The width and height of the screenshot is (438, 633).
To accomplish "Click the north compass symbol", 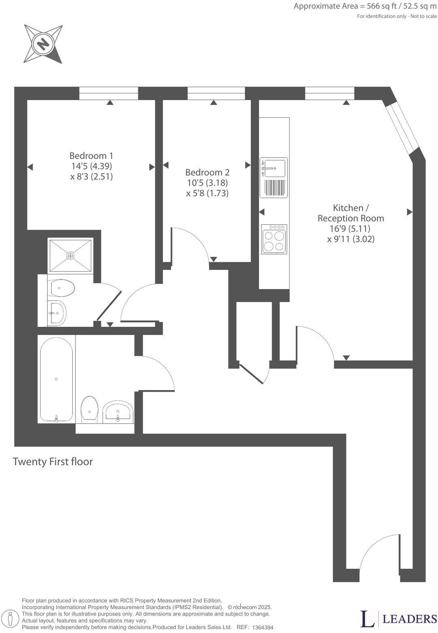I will click(x=43, y=43).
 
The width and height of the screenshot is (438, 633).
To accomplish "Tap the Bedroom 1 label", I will click(x=91, y=156).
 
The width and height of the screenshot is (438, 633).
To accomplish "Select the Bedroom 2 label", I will click(x=207, y=172).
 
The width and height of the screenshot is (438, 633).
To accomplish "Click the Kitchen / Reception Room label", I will click(x=351, y=213).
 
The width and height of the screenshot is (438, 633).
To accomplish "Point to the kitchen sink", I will click(x=274, y=167).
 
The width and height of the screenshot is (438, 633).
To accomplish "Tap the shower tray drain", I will click(x=71, y=255).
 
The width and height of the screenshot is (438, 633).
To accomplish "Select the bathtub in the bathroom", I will click(x=56, y=379).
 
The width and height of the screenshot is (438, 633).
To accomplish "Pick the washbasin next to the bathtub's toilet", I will click(x=118, y=411).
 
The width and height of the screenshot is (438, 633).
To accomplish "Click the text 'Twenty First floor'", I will click(x=53, y=462).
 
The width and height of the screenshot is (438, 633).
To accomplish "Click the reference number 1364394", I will click(x=262, y=627).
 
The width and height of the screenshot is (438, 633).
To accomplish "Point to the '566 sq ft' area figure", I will click(x=381, y=6).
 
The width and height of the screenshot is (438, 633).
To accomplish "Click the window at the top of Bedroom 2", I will click(x=216, y=93).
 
